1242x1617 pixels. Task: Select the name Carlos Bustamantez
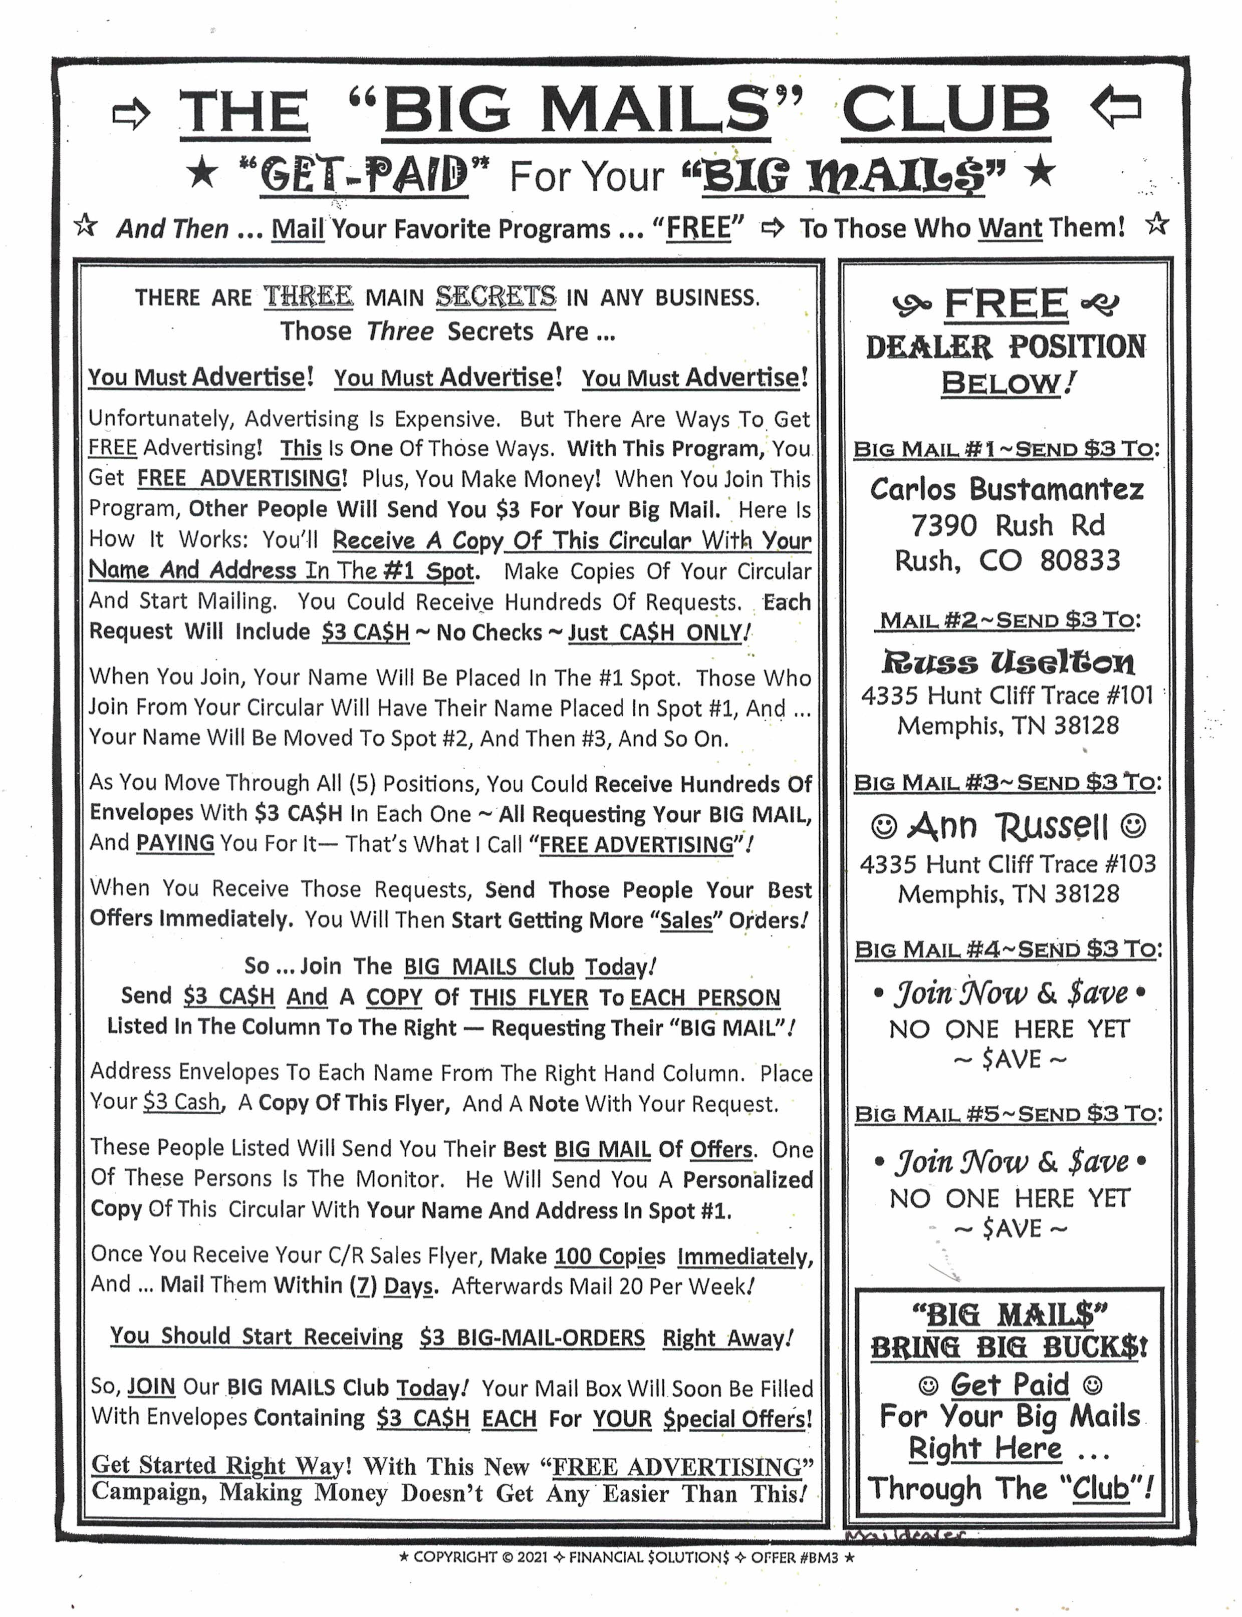(x=1007, y=489)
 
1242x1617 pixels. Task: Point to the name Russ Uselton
(x=1007, y=662)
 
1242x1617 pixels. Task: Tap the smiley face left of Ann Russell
(x=883, y=825)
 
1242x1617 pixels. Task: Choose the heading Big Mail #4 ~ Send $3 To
(x=1008, y=949)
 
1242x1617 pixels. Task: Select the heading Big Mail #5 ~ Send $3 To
(x=1008, y=1114)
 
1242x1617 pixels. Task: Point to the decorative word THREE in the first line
(x=308, y=296)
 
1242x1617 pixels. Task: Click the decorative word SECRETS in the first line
(x=495, y=296)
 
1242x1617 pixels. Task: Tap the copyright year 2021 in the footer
(x=532, y=1557)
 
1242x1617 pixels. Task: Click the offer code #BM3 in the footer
(x=818, y=1557)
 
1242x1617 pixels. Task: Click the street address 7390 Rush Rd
(x=1007, y=525)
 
